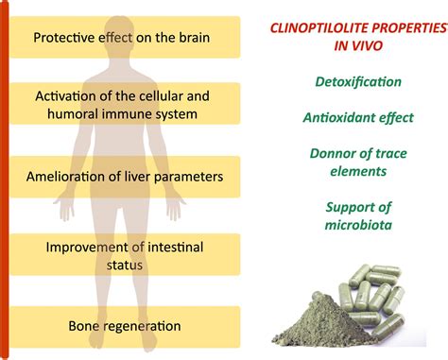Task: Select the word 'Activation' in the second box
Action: tap(69, 96)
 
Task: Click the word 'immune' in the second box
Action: tap(148, 113)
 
